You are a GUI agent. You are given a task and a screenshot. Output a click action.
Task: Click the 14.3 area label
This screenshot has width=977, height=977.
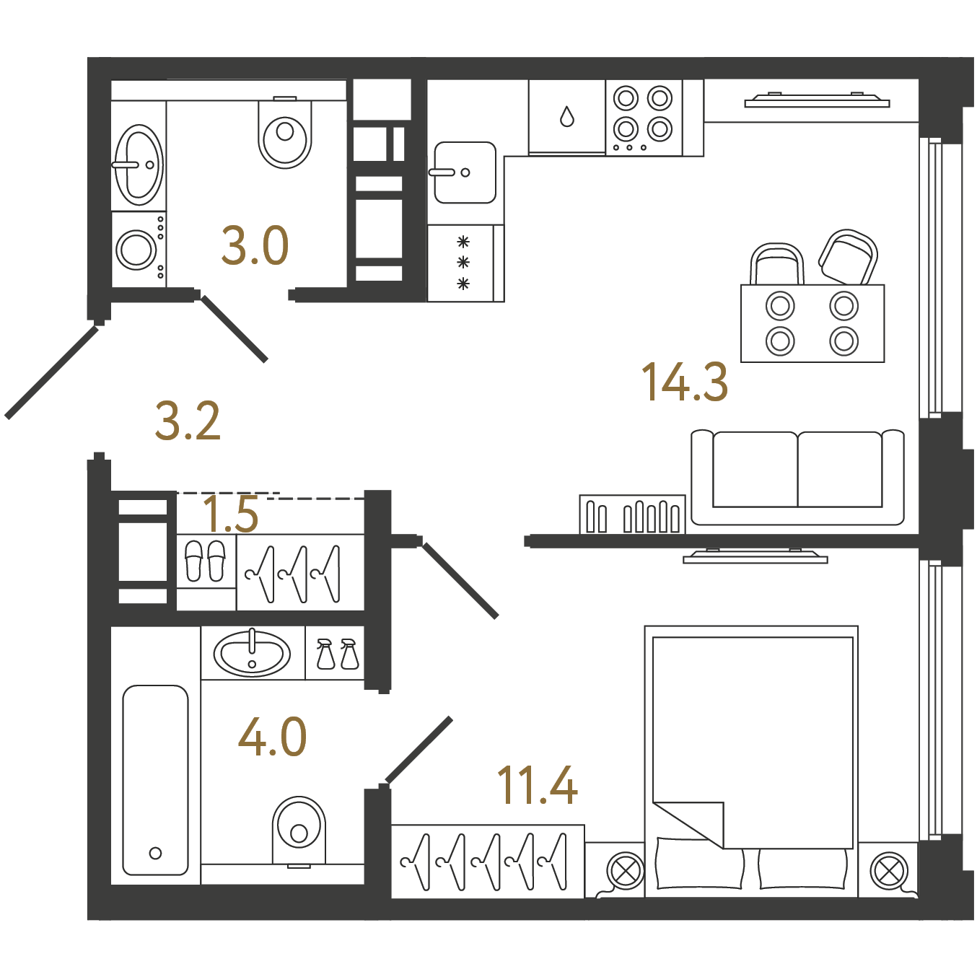(685, 382)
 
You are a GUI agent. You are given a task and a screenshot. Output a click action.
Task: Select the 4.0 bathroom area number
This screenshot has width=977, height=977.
(272, 736)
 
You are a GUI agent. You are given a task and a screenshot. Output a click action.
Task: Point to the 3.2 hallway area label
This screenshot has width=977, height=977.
(188, 421)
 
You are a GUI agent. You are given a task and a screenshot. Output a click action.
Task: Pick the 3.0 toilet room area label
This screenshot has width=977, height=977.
(255, 246)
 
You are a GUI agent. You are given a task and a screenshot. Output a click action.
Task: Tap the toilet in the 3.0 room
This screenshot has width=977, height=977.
(284, 132)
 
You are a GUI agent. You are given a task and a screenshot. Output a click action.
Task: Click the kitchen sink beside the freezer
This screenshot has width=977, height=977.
(465, 172)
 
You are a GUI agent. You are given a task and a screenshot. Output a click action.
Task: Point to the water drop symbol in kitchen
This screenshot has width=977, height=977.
(567, 116)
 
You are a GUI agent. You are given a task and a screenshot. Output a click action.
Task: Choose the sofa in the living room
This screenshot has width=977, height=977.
(797, 477)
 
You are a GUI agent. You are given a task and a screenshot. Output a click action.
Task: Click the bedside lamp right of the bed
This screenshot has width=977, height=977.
(888, 871)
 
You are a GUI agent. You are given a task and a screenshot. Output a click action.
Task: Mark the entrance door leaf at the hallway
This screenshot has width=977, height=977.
(52, 372)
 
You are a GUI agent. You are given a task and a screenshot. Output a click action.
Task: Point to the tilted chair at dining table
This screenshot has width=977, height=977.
(849, 257)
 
